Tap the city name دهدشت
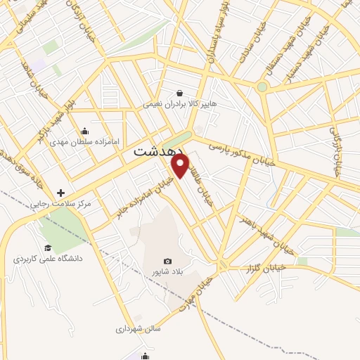(x=158, y=151)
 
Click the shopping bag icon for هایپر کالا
(x=180, y=93)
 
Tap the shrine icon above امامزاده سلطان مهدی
(x=85, y=130)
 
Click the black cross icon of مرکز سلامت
(x=61, y=192)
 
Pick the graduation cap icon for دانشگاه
(x=48, y=247)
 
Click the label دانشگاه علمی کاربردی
(x=48, y=259)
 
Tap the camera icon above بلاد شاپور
(x=167, y=261)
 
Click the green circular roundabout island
(x=262, y=87)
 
